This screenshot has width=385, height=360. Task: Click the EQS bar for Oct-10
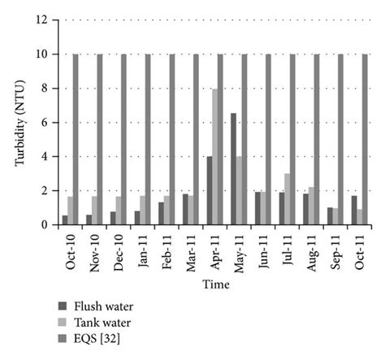click(76, 139)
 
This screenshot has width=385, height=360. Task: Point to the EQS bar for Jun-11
click(268, 139)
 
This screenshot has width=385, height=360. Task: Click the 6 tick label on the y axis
click(50, 122)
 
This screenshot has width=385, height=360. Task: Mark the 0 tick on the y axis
click(50, 224)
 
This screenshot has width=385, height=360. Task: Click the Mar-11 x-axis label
click(190, 249)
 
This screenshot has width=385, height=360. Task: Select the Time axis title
click(217, 285)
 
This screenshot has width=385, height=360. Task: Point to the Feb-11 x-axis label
click(166, 249)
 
